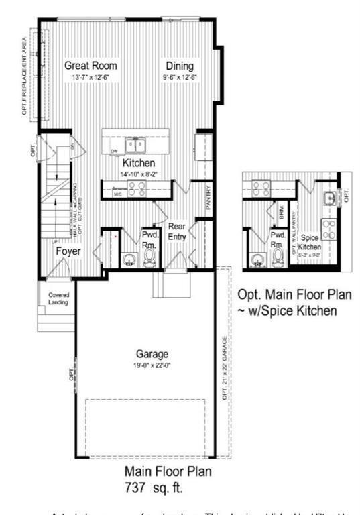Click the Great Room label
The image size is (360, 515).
click(x=91, y=66)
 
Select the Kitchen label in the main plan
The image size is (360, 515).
click(x=139, y=163)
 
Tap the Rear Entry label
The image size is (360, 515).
click(x=176, y=232)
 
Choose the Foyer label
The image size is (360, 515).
click(x=68, y=251)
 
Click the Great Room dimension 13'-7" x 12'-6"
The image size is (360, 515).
click(x=91, y=77)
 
